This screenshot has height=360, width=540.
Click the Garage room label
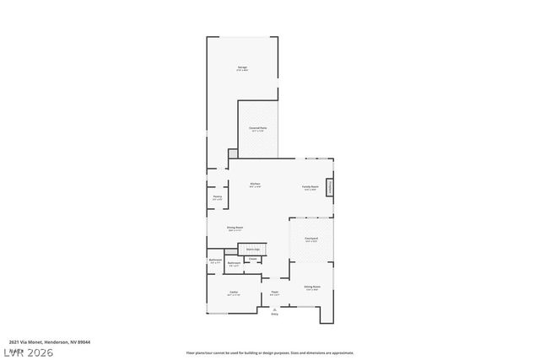pyautogui.click(x=242, y=67)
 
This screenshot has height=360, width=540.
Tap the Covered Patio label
pyautogui.click(x=257, y=127)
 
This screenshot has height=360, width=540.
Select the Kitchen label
pyautogui.click(x=255, y=184)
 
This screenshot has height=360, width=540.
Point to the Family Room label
pyautogui.click(x=310, y=186)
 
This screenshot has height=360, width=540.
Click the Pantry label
pyautogui.click(x=217, y=196)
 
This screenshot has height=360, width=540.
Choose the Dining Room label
pyautogui.click(x=235, y=227)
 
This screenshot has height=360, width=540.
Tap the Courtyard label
pyautogui.click(x=310, y=239)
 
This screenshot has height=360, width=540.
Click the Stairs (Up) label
pyautogui.click(x=252, y=249)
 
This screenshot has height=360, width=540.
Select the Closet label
pyautogui.click(x=252, y=259)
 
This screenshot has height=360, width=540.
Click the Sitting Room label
pyautogui.click(x=311, y=287)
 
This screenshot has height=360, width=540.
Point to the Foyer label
pyautogui.click(x=274, y=293)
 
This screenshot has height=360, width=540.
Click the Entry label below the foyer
pyautogui.click(x=274, y=314)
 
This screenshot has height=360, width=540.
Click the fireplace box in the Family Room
pyautogui.click(x=331, y=186)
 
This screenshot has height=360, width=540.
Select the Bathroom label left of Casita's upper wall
pyautogui.click(x=215, y=260)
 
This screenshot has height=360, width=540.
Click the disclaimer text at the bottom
pyautogui.click(x=270, y=352)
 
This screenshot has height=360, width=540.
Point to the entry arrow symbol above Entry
pyautogui.click(x=274, y=309)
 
